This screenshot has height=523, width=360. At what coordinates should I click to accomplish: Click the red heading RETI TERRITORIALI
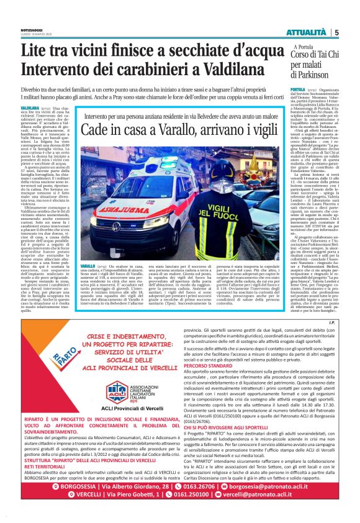pyautogui.click(x=47, y=468)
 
